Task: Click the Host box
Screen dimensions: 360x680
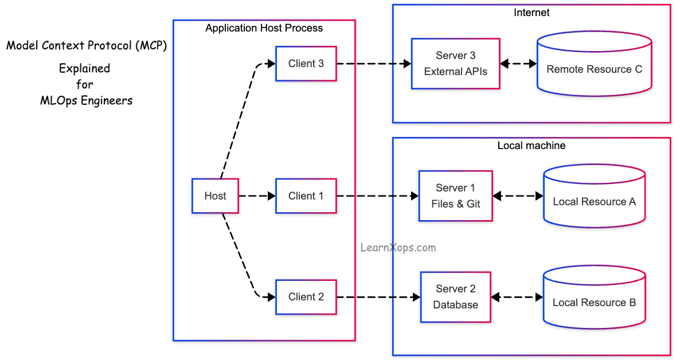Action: pyautogui.click(x=215, y=196)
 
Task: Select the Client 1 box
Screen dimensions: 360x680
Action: pyautogui.click(x=306, y=196)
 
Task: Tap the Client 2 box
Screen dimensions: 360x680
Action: pyautogui.click(x=306, y=297)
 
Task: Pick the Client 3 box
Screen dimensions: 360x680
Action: pyautogui.click(x=306, y=64)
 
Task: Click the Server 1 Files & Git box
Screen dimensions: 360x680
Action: pyautogui.click(x=455, y=196)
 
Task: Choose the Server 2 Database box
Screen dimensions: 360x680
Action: pyautogui.click(x=455, y=297)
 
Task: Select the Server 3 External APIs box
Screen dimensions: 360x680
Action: pyautogui.click(x=455, y=64)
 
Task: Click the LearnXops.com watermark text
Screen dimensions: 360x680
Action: pyautogui.click(x=398, y=248)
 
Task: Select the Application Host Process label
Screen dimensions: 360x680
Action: pyautogui.click(x=264, y=28)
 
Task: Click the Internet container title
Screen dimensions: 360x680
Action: pyautogui.click(x=531, y=12)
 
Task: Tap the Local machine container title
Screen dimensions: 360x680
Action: pyautogui.click(x=531, y=146)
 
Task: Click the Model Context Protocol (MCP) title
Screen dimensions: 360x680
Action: pyautogui.click(x=87, y=46)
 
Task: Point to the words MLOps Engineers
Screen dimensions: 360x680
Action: pyautogui.click(x=86, y=101)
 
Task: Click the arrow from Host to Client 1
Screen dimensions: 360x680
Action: pyautogui.click(x=257, y=196)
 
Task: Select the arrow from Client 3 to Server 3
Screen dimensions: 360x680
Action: pyautogui.click(x=374, y=64)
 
